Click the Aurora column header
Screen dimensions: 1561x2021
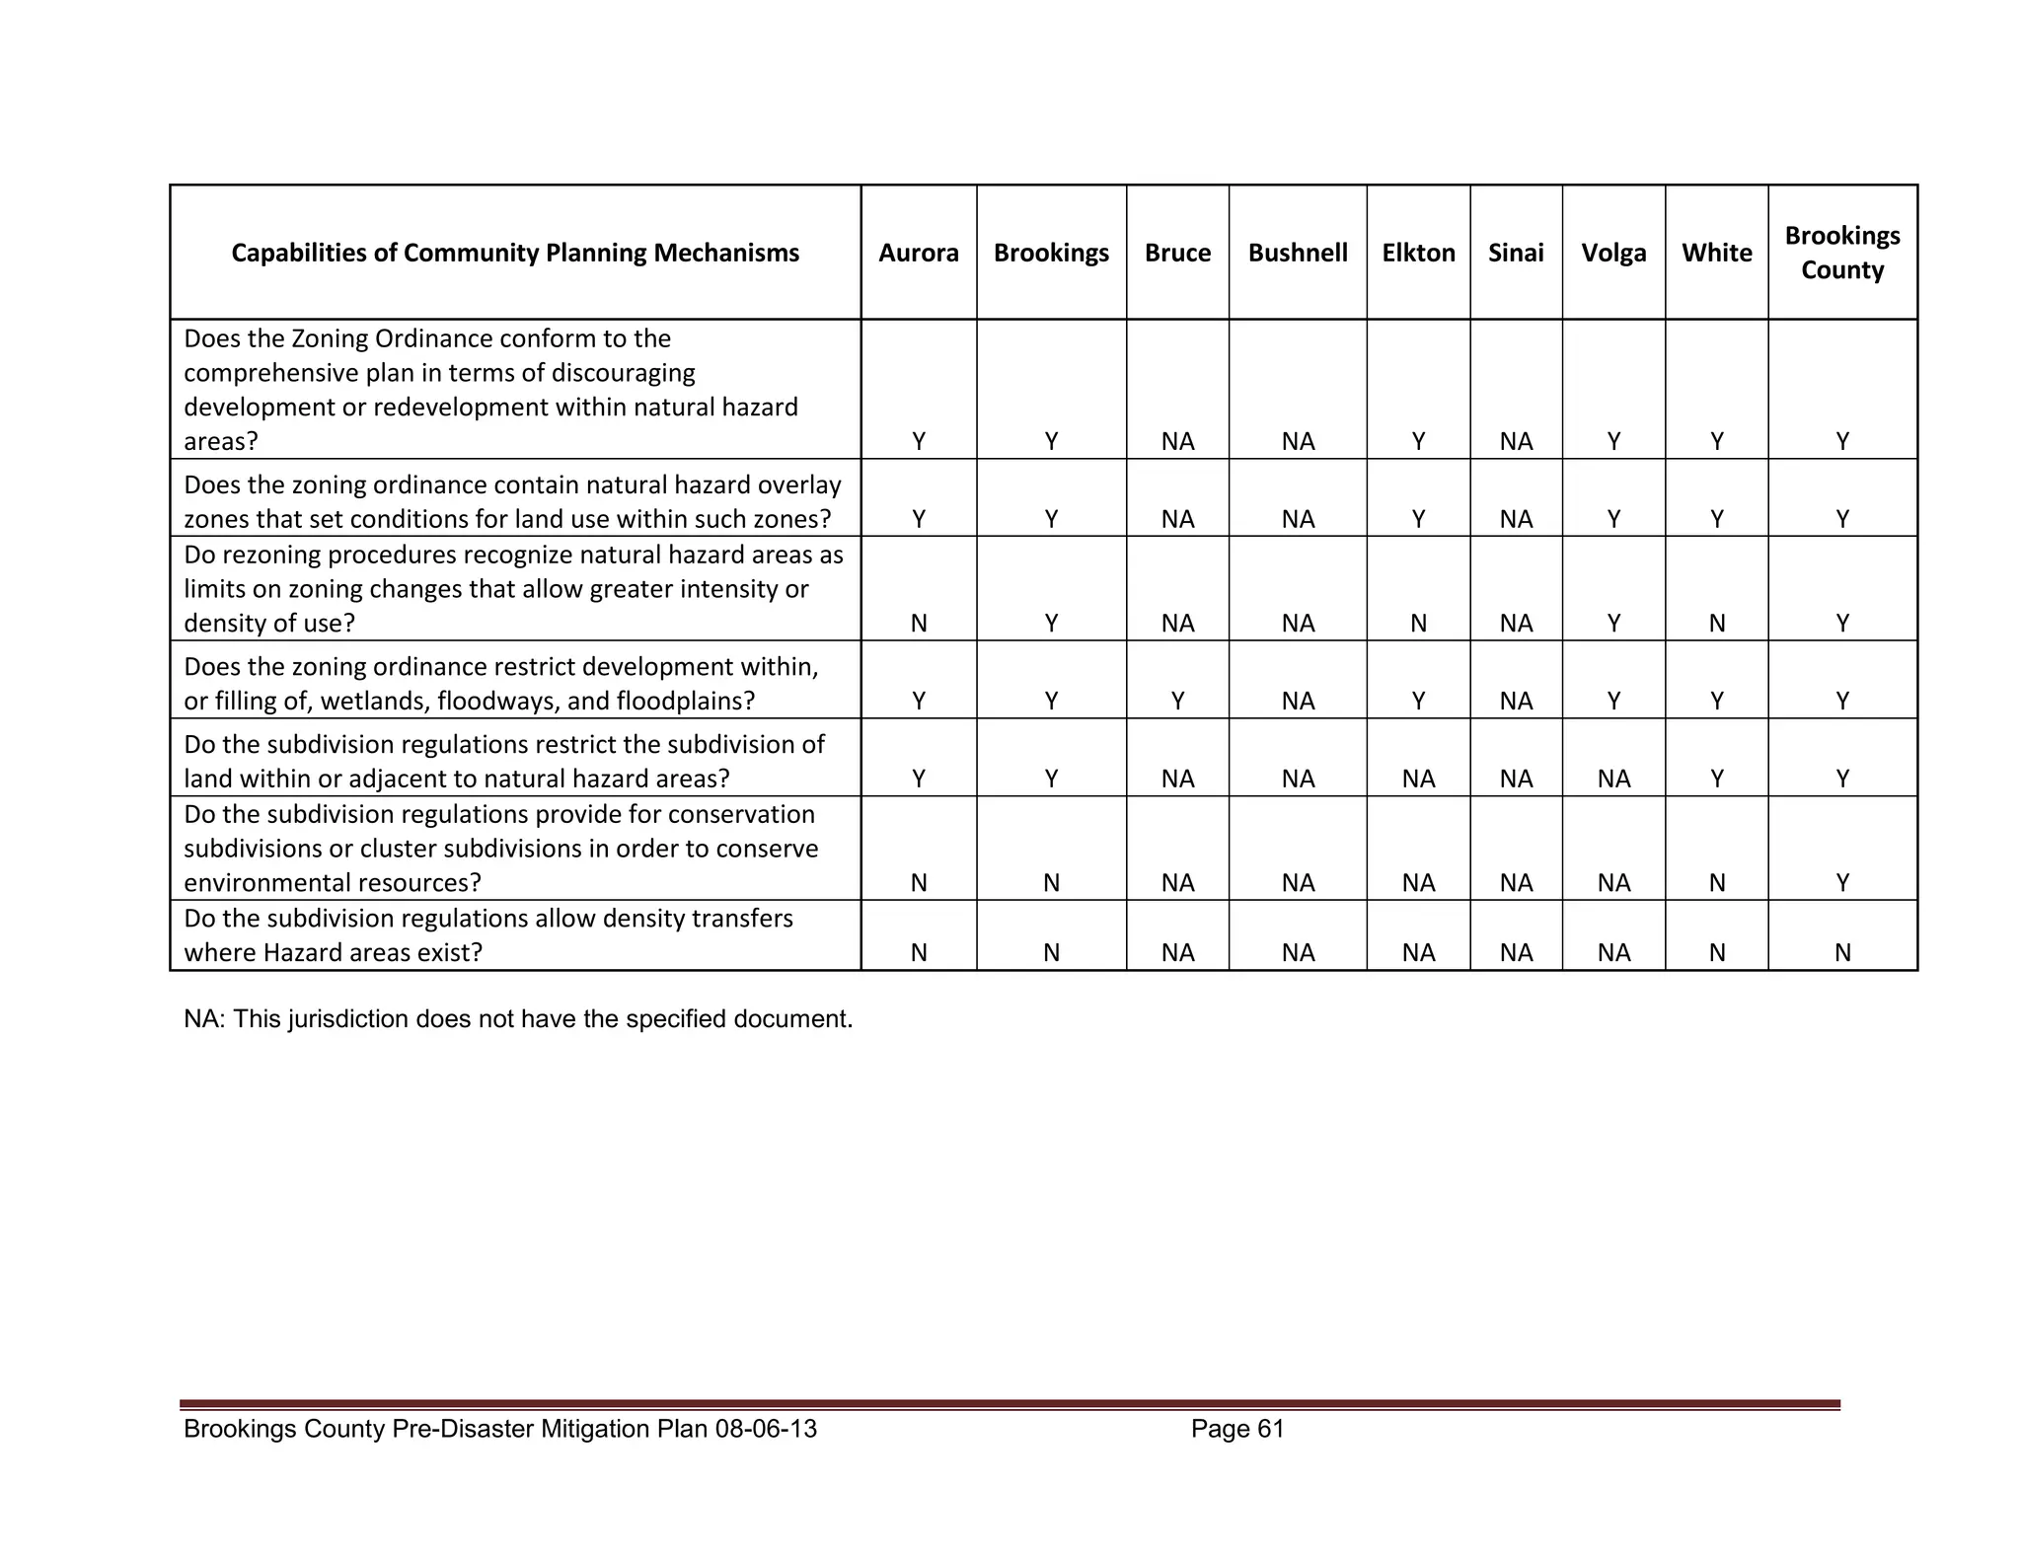pos(918,253)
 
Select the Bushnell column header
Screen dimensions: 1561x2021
pos(1297,253)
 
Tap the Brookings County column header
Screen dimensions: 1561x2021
pos(1841,253)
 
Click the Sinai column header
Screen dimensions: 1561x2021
pos(1516,253)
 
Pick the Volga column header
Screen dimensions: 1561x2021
pos(1613,253)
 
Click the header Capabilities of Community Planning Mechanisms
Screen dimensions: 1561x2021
pos(515,253)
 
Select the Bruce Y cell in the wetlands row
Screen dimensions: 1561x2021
pos(1177,701)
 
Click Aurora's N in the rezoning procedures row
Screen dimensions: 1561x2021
pos(918,623)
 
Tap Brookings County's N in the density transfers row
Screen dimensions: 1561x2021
pos(1841,952)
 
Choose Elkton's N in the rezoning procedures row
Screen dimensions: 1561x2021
pos(1418,623)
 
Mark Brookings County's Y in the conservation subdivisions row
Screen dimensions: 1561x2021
pos(1841,882)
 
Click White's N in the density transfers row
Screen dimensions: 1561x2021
pos(1716,952)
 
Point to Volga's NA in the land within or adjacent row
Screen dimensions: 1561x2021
pos(1613,779)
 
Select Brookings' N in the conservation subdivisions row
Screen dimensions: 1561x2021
pos(1051,882)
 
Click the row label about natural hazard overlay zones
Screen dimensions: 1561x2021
pos(512,502)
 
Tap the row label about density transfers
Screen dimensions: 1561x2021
pos(488,935)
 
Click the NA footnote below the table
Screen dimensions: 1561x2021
pos(517,1018)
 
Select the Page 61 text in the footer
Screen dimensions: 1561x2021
pos(1236,1428)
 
